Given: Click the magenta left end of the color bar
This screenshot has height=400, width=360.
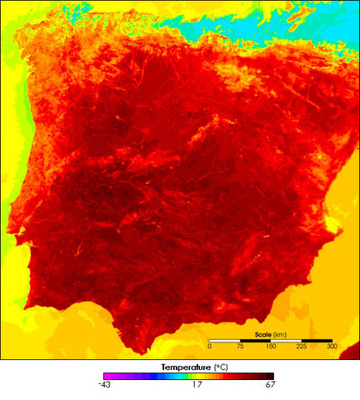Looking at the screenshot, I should [107, 377].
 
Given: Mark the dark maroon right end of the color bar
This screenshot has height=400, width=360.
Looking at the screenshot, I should [270, 377].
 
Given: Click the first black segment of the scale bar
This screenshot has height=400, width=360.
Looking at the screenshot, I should [224, 339].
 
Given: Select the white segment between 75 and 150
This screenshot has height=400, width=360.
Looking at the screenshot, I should [255, 339].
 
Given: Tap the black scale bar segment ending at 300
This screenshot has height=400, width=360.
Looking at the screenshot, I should [317, 339].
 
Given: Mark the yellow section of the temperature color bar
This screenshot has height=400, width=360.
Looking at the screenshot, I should [205, 377].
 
